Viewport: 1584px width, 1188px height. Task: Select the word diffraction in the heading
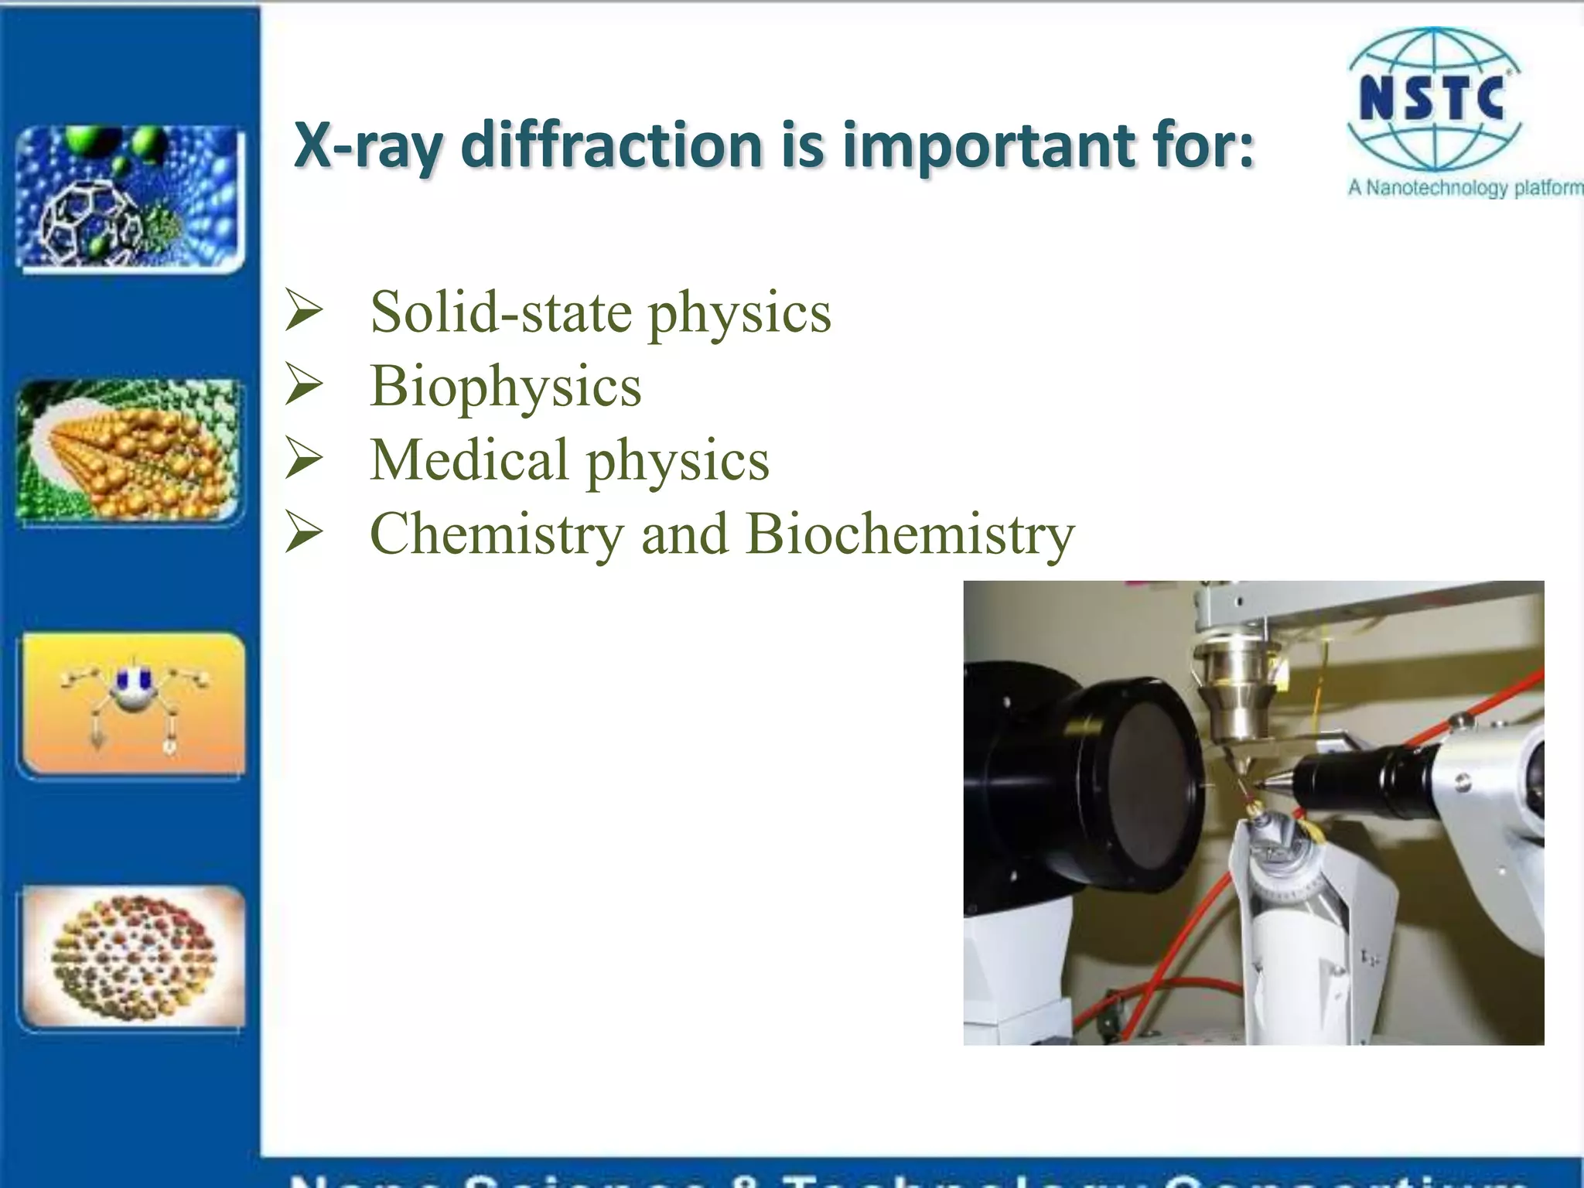coord(612,145)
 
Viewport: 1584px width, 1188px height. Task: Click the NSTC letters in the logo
coord(1432,99)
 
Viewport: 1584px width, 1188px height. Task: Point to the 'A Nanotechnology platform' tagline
coord(1464,188)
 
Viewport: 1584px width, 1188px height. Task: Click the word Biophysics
coord(506,386)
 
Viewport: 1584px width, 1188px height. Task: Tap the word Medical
coord(469,459)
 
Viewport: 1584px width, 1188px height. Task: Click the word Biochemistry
coord(910,534)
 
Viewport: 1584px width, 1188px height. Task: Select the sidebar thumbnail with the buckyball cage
coord(130,198)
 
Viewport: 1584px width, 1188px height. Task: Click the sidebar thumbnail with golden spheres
coord(130,450)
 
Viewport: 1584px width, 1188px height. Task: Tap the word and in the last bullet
coord(684,534)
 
